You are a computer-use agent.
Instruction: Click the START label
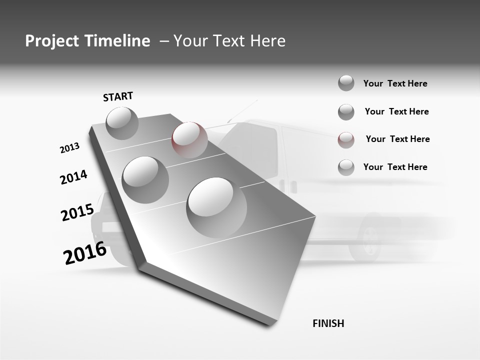click(x=118, y=96)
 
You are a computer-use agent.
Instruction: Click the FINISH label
click(x=328, y=323)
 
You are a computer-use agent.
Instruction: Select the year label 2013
click(x=69, y=148)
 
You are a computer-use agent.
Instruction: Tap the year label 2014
click(x=73, y=177)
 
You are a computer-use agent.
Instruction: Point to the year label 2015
click(x=77, y=212)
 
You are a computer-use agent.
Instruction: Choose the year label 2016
click(x=85, y=253)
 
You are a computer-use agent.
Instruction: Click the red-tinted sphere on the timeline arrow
click(x=189, y=139)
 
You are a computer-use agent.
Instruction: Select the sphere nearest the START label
click(x=122, y=123)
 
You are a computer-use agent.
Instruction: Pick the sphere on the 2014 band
click(x=145, y=179)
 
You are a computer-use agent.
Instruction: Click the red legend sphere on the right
click(x=346, y=140)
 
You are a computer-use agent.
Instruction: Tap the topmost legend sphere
click(x=346, y=83)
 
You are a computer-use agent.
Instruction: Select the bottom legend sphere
click(x=346, y=167)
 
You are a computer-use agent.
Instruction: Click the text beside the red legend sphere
click(x=397, y=139)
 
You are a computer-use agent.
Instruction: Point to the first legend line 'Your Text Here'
click(x=395, y=83)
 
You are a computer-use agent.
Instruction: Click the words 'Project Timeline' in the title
click(x=87, y=41)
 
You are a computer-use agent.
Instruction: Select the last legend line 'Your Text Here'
click(x=395, y=167)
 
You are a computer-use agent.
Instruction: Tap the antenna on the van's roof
click(x=243, y=110)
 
